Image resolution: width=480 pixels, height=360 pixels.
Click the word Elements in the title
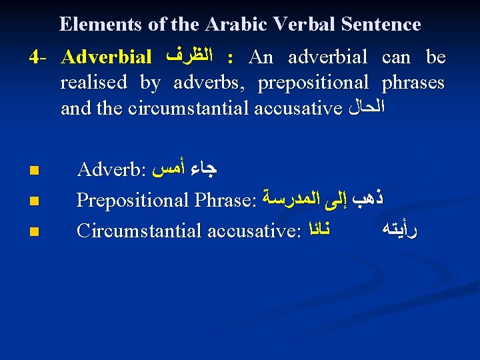[x=98, y=25]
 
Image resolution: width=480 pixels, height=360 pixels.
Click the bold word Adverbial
[x=106, y=58]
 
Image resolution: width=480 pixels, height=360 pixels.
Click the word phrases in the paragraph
[x=413, y=83]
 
